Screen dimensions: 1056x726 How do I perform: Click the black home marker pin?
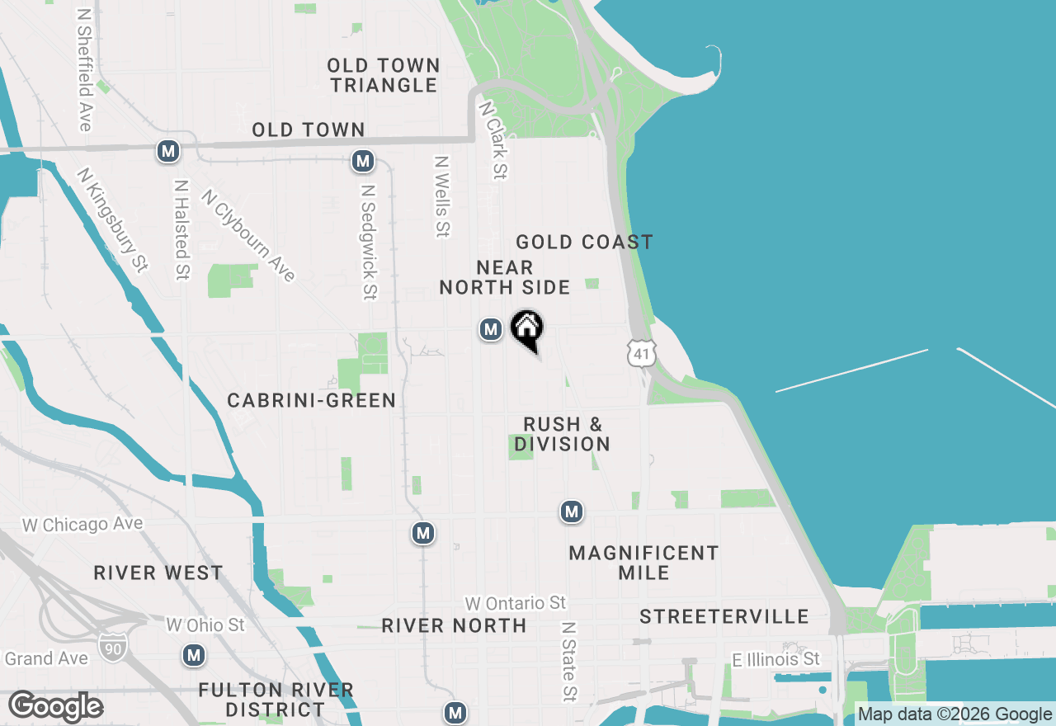527,329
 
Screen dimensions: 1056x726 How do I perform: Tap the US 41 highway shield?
641,353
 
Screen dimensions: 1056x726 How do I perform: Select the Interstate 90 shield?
112,646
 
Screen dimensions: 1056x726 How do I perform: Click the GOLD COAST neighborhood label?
584,242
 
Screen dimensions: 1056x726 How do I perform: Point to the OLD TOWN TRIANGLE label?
383,75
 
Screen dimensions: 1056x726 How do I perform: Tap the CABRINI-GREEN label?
312,400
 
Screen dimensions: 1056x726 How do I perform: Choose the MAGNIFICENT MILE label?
643,563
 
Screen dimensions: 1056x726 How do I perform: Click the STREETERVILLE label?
724,616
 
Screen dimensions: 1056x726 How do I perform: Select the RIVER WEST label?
158,573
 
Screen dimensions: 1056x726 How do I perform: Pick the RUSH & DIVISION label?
563,434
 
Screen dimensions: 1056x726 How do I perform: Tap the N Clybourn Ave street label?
247,236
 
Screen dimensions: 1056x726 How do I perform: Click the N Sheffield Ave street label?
84,70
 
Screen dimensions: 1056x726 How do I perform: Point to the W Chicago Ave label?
82,525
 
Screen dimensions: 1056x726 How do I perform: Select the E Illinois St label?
776,659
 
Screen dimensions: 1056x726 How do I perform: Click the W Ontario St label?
516,604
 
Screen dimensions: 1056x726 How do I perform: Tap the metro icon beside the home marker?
491,330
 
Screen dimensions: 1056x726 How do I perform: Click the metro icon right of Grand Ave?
194,655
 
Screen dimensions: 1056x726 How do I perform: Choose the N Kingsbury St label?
112,220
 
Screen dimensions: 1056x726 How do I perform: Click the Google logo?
55,706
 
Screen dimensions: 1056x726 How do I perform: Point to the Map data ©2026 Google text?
955,714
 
